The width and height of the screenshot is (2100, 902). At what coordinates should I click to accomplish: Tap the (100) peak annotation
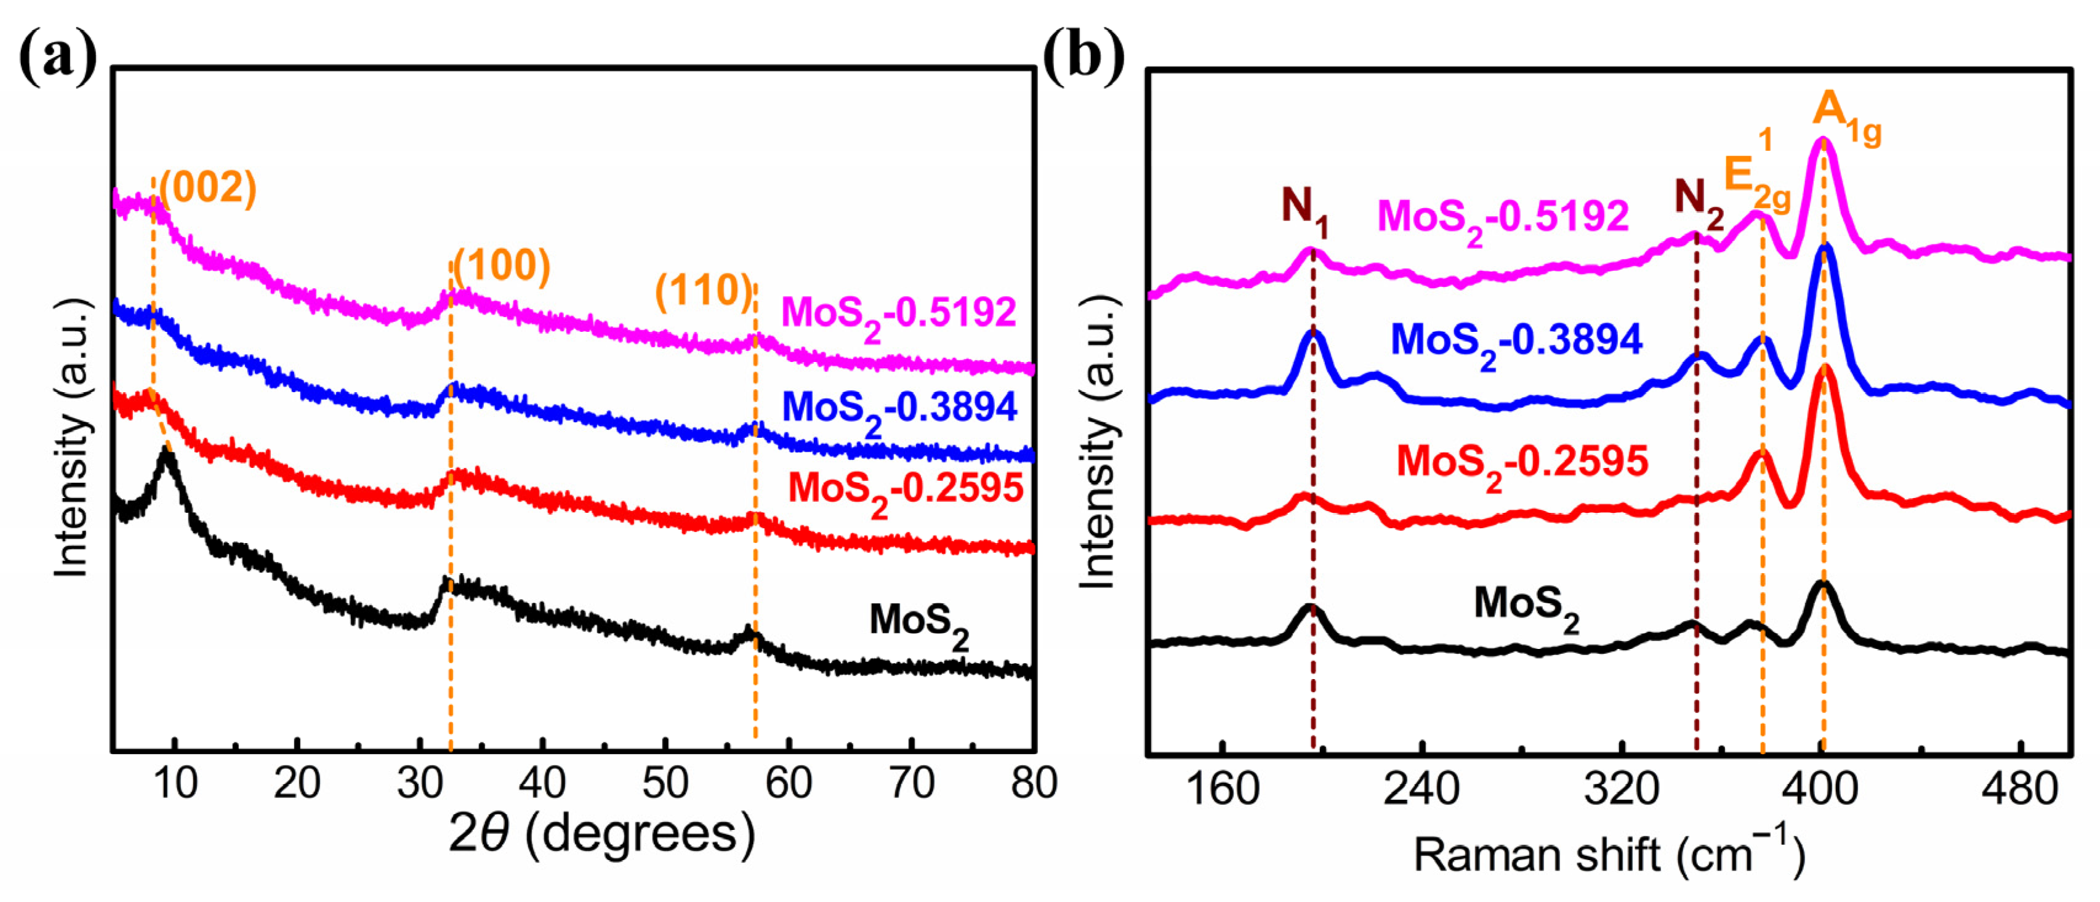click(501, 266)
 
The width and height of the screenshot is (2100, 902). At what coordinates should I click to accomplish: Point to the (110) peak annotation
click(704, 291)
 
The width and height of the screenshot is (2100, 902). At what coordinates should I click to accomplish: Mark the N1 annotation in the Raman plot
click(1305, 208)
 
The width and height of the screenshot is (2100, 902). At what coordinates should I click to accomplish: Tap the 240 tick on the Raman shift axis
click(1421, 789)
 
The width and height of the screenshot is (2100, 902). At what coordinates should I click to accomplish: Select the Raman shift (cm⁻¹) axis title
click(1609, 855)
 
